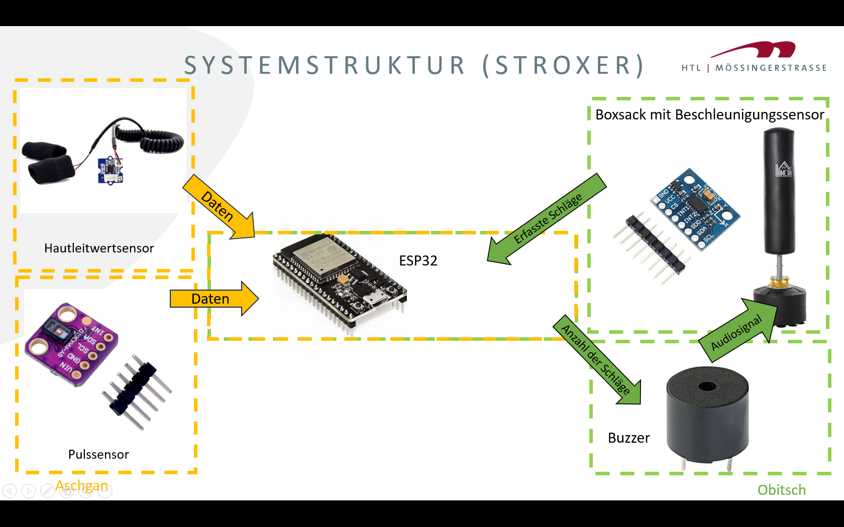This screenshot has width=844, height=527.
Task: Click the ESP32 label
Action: pos(418,260)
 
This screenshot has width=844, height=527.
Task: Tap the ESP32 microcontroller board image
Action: pos(339,284)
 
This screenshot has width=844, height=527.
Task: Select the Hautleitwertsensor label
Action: pos(99,248)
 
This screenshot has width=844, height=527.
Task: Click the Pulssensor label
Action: pos(98,454)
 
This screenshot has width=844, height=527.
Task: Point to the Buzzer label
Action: pos(628,438)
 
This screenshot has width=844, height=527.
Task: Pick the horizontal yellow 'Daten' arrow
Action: pos(213,299)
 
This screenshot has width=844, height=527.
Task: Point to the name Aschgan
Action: pos(82,486)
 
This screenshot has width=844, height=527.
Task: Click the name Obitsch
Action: pos(781,490)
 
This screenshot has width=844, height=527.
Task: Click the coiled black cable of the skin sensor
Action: pos(161,141)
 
